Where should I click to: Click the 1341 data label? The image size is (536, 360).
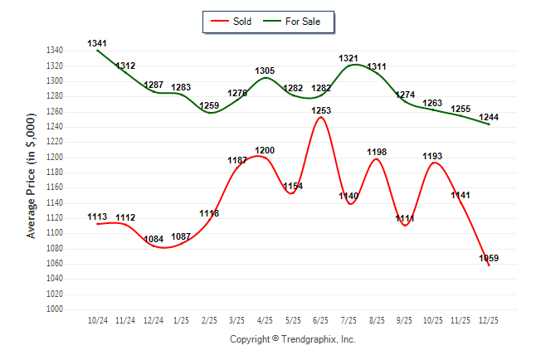97,43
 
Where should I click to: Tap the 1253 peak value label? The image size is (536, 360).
321,110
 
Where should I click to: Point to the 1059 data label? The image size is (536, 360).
489,259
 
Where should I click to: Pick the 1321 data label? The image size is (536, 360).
348,58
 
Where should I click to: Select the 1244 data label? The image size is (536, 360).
489,117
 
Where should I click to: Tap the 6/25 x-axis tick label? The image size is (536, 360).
321,319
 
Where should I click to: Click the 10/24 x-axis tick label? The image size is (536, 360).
97,319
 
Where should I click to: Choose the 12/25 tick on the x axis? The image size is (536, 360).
489,319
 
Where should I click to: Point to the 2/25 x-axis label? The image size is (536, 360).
209,319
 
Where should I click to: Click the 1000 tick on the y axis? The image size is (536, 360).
56,309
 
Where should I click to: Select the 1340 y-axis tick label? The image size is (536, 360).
56,51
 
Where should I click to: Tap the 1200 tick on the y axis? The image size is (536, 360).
56,157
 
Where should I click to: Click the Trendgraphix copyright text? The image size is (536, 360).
292,339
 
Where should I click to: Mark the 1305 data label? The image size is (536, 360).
265,71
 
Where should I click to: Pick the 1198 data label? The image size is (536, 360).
377,152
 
